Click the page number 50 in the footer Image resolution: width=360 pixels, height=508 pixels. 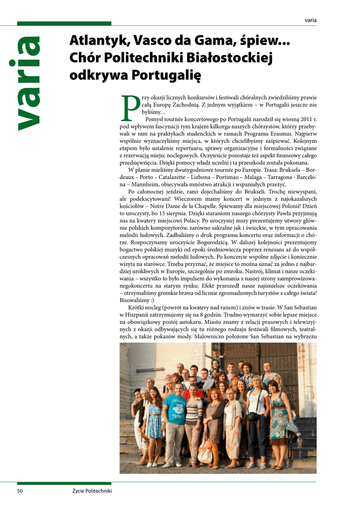tap(20, 491)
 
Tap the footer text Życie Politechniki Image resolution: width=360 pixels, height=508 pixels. tap(92, 491)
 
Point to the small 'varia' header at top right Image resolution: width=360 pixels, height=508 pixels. tap(310, 20)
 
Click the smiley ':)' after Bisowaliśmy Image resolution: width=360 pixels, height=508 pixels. tap(150, 300)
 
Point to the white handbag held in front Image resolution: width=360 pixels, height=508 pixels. tap(205, 451)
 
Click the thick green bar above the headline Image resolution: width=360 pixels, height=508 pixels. tap(64, 23)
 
